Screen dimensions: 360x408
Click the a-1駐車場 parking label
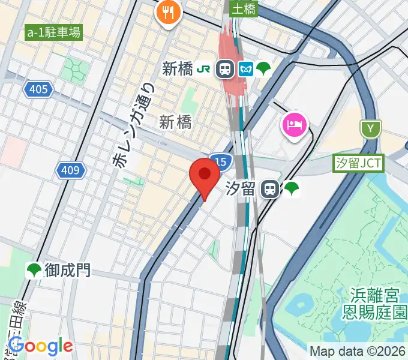[53, 32]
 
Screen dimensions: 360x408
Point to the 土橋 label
[244, 8]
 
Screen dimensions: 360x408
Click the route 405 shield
[38, 90]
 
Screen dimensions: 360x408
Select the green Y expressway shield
[371, 128]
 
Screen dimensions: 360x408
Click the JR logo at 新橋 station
[205, 68]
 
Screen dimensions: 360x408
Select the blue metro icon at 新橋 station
[245, 68]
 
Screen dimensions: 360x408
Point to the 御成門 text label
[68, 271]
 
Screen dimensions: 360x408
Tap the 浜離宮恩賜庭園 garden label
[375, 303]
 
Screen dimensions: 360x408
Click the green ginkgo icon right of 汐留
[292, 190]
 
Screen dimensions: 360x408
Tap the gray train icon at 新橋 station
[225, 68]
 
